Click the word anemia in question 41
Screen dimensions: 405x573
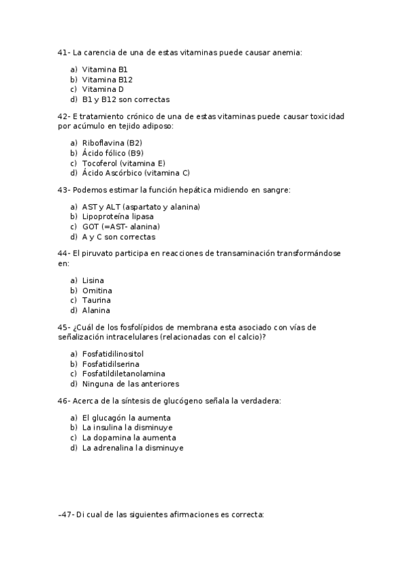(286, 52)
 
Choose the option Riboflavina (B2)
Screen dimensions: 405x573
(112, 143)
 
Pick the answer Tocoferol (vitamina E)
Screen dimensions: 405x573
(123, 163)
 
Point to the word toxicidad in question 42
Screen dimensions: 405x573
(327, 116)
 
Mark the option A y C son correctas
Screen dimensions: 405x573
(118, 237)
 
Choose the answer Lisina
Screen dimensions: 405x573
(93, 280)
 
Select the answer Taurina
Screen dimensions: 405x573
(96, 300)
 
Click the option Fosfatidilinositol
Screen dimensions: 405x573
(112, 353)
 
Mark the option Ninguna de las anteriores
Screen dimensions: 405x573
(130, 384)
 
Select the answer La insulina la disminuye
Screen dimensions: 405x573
(127, 427)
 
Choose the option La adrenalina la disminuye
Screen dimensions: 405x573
(133, 447)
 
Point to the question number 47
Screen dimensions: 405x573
(66, 514)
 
